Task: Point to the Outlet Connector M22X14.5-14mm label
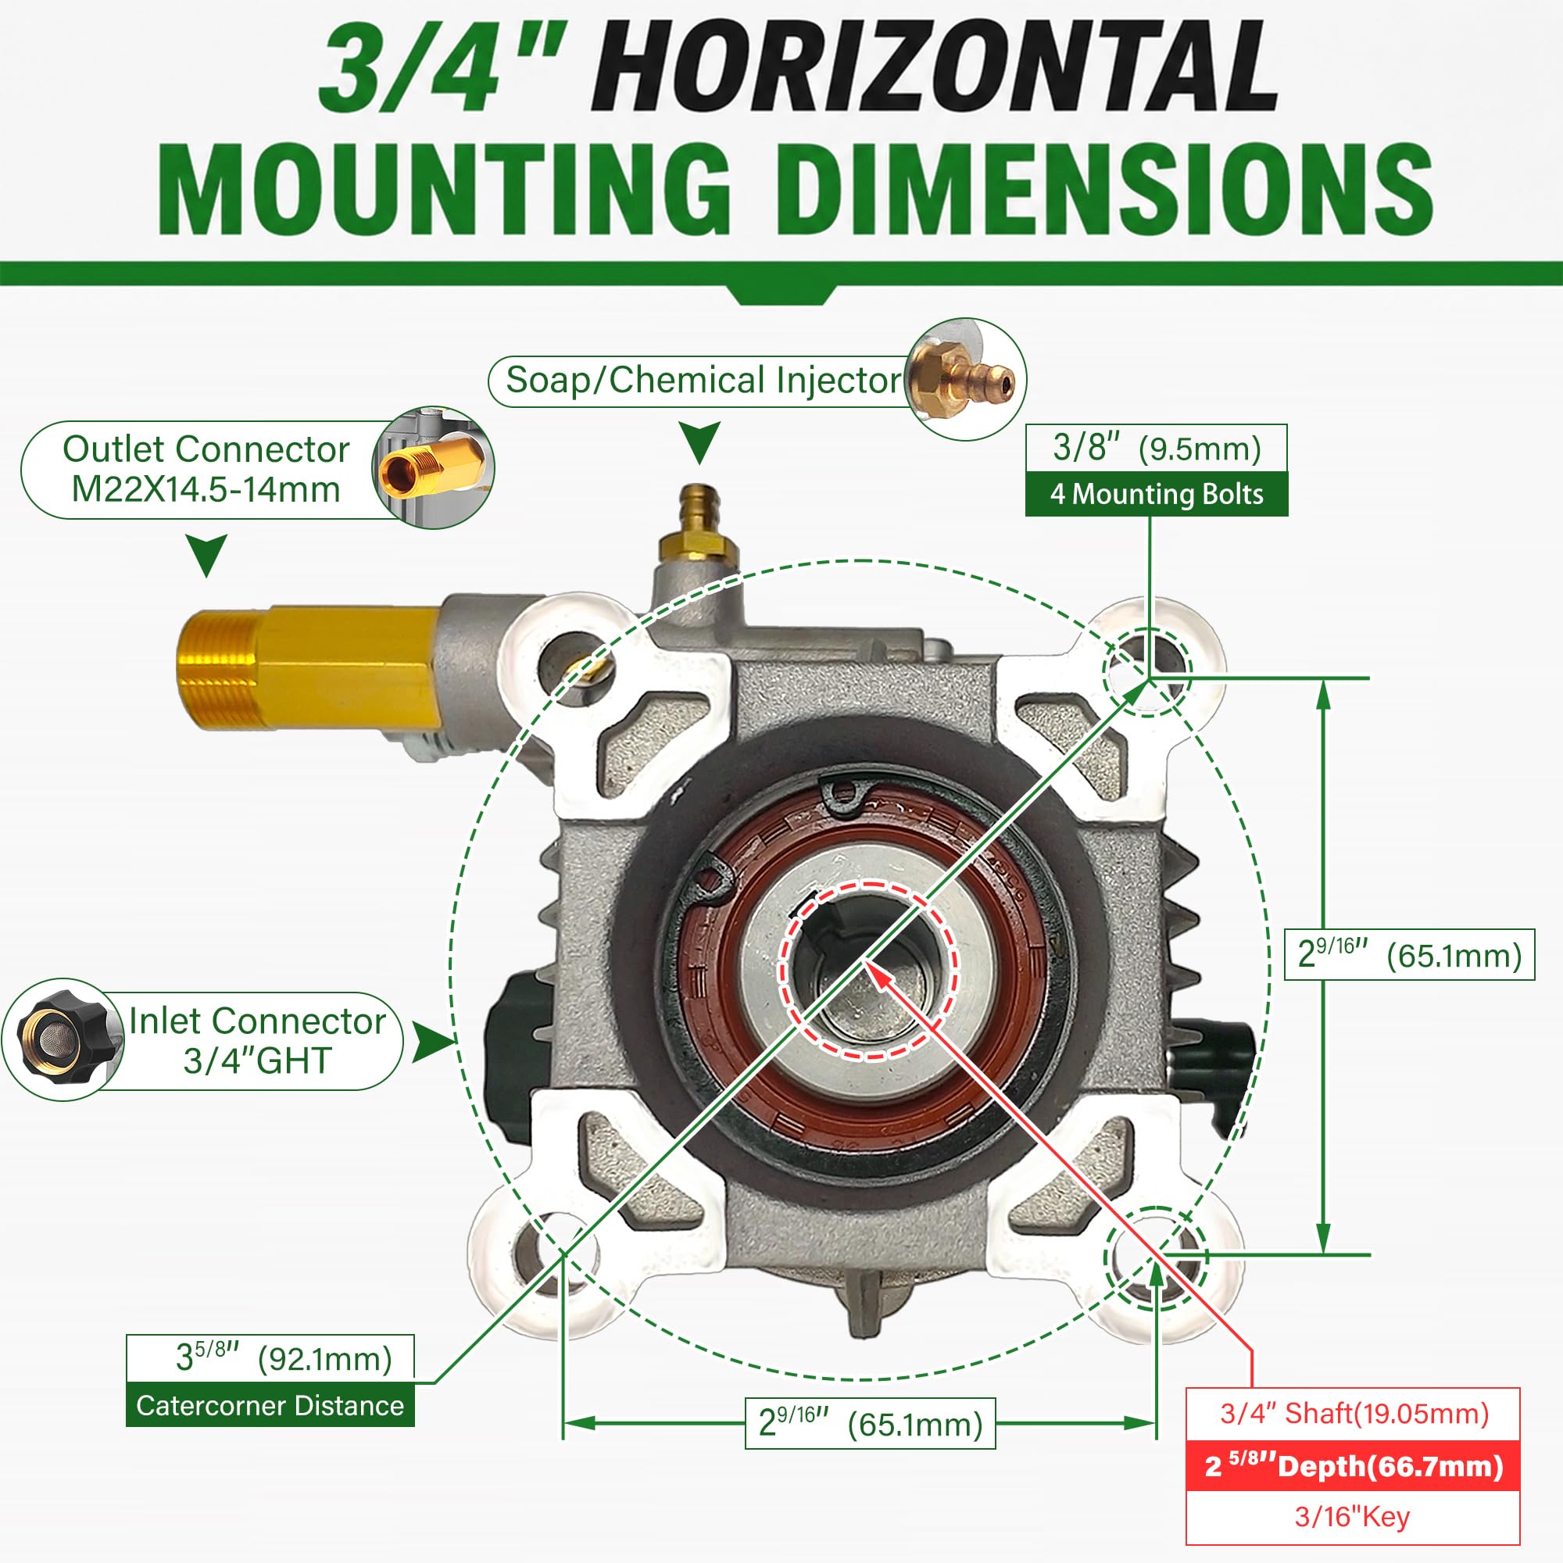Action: (x=206, y=469)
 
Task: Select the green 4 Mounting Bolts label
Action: (x=1156, y=493)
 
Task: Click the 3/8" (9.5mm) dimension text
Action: (x=1156, y=448)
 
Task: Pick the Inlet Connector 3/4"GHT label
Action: (x=257, y=1040)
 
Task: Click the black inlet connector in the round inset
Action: (x=63, y=1039)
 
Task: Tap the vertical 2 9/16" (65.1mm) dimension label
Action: (x=1409, y=955)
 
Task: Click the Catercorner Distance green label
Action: (x=270, y=1405)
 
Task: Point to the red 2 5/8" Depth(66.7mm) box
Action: (x=1353, y=1465)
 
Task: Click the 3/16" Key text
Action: (x=1352, y=1516)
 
